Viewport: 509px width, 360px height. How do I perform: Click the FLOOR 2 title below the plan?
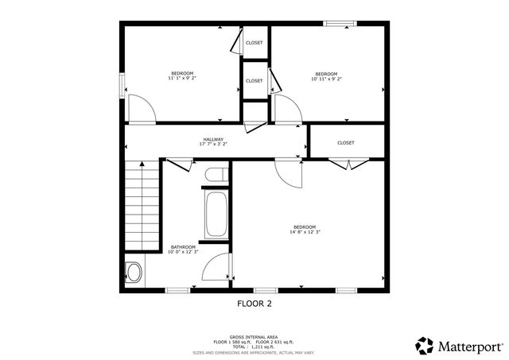tap(254, 303)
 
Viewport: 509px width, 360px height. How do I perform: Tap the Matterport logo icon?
tap(425, 346)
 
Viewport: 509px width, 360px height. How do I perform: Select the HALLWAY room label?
tap(212, 140)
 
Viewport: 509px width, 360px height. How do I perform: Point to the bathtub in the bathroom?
tap(214, 213)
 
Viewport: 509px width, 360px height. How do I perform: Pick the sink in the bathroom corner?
tap(134, 273)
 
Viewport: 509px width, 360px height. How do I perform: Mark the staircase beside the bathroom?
tap(142, 198)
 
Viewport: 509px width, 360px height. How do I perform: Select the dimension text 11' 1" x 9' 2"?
tap(182, 79)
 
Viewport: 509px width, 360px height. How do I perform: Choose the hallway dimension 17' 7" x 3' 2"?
tap(212, 145)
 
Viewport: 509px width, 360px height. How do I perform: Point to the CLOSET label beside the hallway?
tap(345, 143)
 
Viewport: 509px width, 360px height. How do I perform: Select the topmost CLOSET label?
tap(254, 43)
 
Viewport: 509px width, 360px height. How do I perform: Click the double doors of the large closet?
tap(348, 164)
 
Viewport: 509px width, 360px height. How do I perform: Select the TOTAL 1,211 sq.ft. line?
tap(254, 347)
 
